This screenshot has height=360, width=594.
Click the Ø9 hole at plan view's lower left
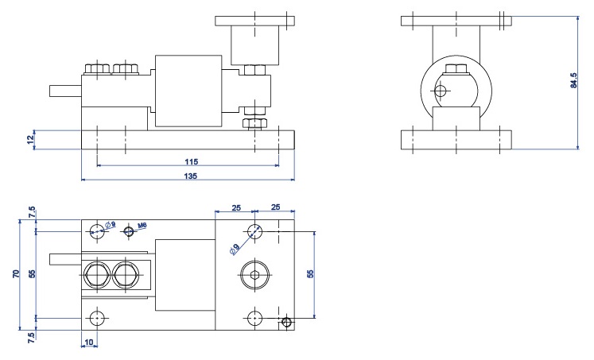97,318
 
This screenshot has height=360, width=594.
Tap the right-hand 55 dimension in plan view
311,272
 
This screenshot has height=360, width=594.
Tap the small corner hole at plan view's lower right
288,323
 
